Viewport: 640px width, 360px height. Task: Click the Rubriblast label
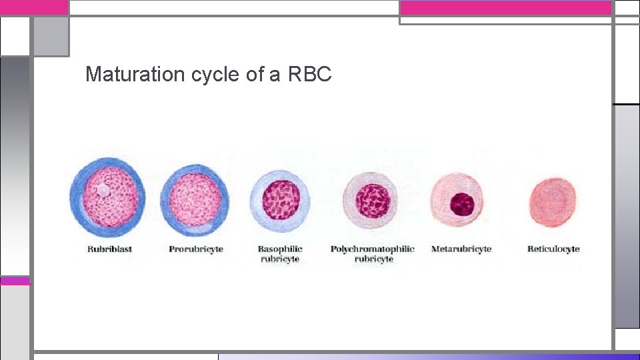[x=109, y=249]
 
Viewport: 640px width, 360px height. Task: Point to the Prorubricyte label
[x=196, y=249]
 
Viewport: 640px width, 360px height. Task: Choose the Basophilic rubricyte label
[x=280, y=254]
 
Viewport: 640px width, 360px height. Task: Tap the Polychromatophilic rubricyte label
[x=373, y=254]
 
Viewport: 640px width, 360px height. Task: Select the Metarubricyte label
[x=461, y=249]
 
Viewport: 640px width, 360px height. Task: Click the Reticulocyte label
[x=553, y=249]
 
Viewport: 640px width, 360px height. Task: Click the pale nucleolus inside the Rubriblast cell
[x=103, y=190]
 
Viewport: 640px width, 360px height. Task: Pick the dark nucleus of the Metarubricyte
[x=461, y=203]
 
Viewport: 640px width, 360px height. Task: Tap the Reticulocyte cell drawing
[x=553, y=201]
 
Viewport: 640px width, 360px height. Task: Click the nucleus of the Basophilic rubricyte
[x=281, y=200]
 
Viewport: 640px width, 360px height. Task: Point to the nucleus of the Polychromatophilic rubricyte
[x=372, y=200]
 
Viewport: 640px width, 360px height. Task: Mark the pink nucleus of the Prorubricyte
[x=195, y=198]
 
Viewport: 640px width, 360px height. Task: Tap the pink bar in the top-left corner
[x=34, y=7]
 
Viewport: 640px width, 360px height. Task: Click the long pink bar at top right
[x=505, y=7]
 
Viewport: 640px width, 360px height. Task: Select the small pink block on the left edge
[x=15, y=281]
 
